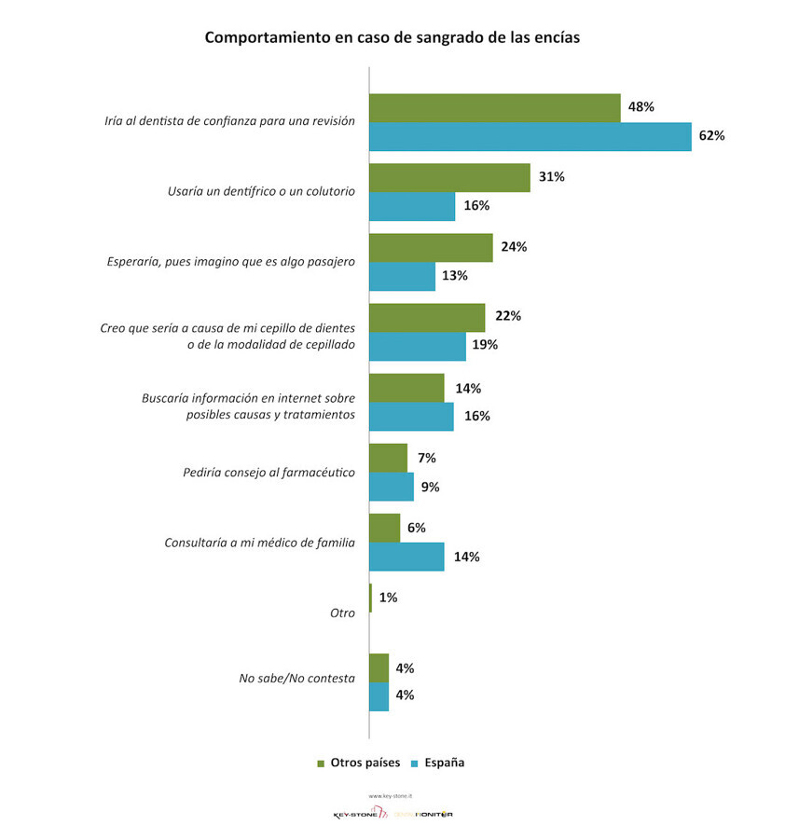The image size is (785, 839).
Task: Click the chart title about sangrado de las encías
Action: pos(392,38)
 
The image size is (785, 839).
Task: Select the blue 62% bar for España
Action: pos(530,136)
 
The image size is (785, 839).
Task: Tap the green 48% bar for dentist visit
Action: pos(495,107)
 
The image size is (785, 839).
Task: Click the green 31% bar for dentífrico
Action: pos(449,177)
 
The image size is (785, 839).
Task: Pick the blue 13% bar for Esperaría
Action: pos(403,276)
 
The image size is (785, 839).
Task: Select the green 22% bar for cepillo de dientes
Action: pos(427,317)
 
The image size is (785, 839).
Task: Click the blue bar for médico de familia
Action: pos(406,557)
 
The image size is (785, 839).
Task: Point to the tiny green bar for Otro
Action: pos(371,598)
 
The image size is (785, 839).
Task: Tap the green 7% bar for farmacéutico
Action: pos(389,458)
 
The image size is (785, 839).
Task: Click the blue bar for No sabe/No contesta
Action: pos(379,696)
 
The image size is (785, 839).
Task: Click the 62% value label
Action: pos(711,136)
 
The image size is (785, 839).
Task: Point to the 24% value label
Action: pos(515,247)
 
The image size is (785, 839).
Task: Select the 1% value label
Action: pos(388,598)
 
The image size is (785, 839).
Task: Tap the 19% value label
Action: pos(485,345)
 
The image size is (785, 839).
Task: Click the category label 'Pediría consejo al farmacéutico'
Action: pos(269,472)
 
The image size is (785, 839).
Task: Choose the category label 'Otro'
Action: pos(342,612)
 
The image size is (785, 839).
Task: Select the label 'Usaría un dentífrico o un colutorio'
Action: pos(261,191)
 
